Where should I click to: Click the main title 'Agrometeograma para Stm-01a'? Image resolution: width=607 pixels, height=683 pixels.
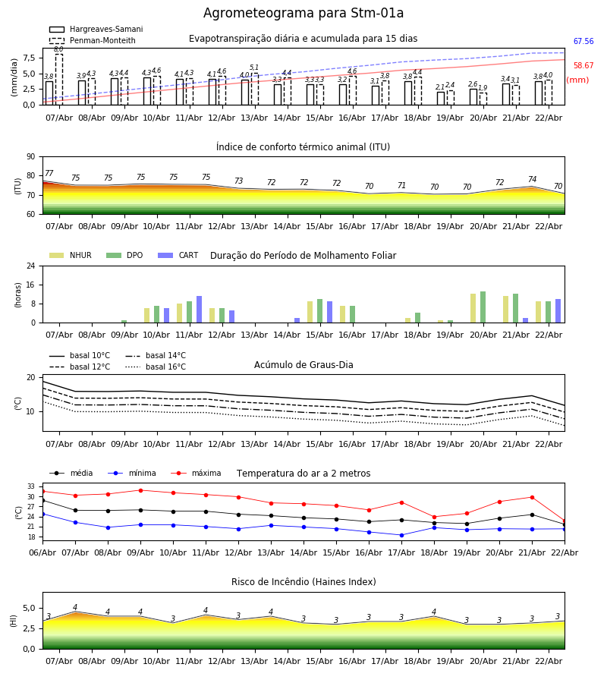pos(303,14)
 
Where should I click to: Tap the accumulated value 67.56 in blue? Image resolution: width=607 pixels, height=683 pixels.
pos(583,42)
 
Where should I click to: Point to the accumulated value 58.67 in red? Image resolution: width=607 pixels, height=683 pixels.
pos(583,66)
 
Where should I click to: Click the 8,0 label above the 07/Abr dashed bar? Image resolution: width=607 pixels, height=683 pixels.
pos(58,49)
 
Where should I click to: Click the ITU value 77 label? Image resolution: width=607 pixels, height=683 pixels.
pos(49,174)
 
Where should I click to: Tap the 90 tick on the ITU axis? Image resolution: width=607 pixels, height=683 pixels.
pos(30,156)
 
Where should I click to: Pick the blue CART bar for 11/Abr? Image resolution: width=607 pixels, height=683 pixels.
pos(200,310)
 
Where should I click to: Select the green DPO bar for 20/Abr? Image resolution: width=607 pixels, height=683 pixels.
pos(483,307)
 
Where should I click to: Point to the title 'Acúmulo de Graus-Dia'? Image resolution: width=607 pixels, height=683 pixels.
pos(303,365)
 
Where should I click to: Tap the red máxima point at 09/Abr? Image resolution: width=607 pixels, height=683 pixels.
pos(140,490)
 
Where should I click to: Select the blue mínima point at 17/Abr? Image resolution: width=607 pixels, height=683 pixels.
pos(401,535)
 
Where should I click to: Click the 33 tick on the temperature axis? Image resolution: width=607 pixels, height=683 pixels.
pos(31,486)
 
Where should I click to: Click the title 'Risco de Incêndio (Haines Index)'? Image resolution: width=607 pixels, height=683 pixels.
pos(303,582)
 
